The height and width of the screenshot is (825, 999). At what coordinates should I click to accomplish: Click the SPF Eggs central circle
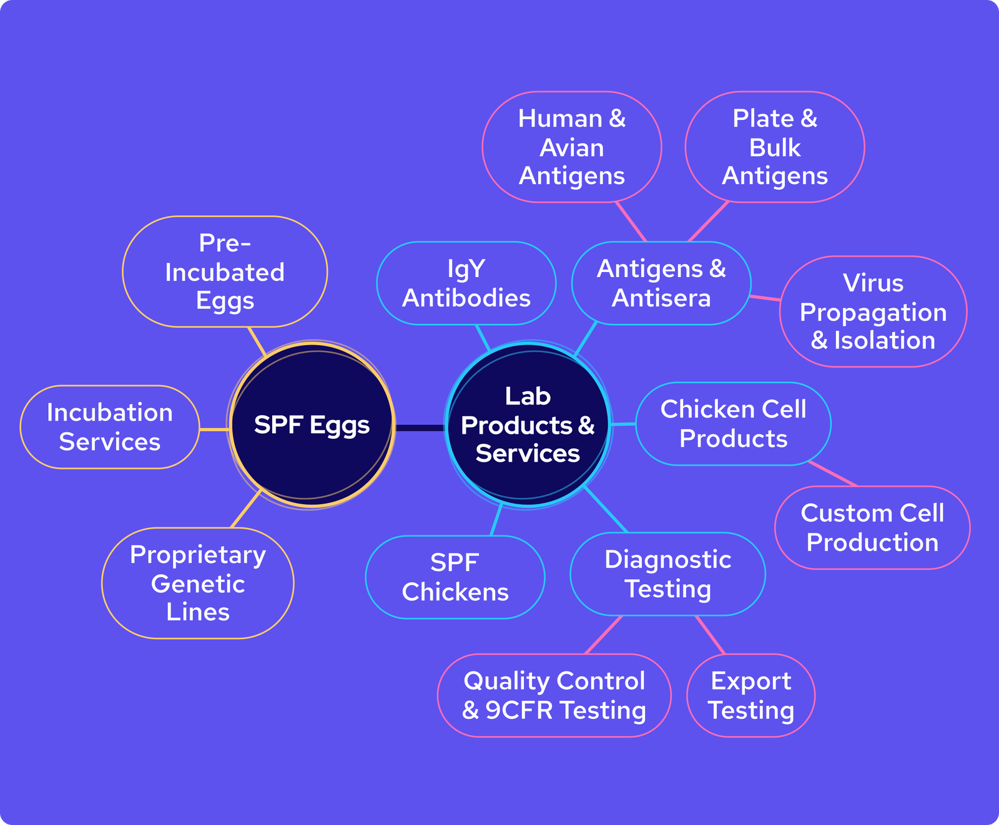[x=312, y=425]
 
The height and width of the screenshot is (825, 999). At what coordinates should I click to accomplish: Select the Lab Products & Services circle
[x=528, y=425]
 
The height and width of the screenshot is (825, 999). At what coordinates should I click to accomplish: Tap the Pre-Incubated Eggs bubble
[x=225, y=271]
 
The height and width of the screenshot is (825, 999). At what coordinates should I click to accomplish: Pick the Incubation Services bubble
[x=110, y=427]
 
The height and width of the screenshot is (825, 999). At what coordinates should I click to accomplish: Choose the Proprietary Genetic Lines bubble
[x=198, y=583]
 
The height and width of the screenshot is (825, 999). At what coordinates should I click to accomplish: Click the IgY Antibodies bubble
[x=466, y=283]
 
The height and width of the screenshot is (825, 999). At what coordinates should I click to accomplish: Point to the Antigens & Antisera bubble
[x=661, y=283]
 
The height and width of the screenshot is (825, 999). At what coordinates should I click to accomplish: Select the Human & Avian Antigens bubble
[x=572, y=147]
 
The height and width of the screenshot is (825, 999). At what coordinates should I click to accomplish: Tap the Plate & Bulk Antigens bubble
[x=775, y=147]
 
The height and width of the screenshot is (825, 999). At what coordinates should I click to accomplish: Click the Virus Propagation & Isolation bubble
[x=873, y=311]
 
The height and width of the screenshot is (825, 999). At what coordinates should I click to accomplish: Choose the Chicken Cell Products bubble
[x=733, y=424]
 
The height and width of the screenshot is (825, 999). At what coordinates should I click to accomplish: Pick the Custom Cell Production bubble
[x=872, y=527]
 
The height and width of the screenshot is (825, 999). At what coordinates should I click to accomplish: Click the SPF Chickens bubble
[x=455, y=577]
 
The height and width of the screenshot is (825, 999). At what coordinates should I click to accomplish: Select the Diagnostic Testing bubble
[x=667, y=574]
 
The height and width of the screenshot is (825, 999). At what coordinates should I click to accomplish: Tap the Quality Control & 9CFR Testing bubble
[x=554, y=695]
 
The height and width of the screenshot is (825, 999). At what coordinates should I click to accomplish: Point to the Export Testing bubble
[x=750, y=695]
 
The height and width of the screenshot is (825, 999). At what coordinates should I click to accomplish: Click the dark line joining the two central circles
[x=420, y=427]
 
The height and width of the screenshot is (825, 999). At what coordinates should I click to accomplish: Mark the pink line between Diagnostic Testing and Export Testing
[x=711, y=635]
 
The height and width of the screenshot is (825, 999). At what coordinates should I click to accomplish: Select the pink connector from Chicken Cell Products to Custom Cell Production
[x=833, y=474]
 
